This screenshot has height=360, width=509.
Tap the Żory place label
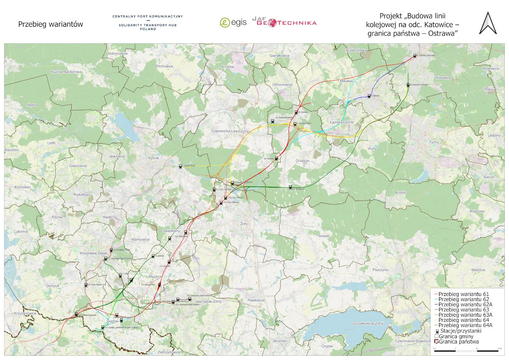pos(243,223)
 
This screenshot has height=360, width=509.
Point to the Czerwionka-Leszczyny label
pos(229,131)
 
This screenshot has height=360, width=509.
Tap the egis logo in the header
pos(233,23)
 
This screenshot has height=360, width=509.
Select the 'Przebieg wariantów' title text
pos(50,25)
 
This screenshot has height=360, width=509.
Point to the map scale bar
pos(466,350)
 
